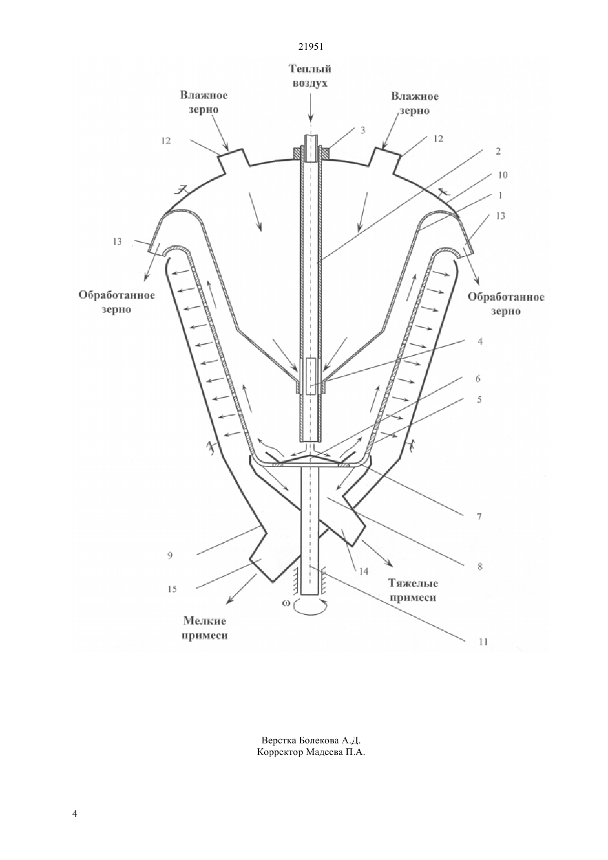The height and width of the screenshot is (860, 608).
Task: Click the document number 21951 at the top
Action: [x=311, y=46]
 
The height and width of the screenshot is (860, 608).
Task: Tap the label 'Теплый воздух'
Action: [x=310, y=76]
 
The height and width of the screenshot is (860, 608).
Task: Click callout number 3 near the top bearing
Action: [x=363, y=130]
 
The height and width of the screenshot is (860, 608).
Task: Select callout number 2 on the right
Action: [x=498, y=151]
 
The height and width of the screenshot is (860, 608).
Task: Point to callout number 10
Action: [x=502, y=175]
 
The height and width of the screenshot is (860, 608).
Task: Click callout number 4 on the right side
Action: [x=480, y=341]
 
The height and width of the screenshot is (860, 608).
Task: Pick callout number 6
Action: [x=478, y=379]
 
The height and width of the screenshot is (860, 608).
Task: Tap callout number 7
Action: [x=479, y=517]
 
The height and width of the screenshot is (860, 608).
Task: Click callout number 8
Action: [x=480, y=567]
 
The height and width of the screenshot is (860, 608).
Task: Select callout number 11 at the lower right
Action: [x=484, y=642]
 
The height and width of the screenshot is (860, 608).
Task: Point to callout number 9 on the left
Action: [x=170, y=555]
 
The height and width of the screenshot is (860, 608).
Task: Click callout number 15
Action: [x=172, y=589]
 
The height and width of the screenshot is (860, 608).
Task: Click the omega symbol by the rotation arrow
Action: [x=286, y=603]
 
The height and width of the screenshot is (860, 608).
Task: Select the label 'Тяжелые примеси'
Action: [x=413, y=590]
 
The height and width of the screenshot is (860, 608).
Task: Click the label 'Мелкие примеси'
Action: [x=205, y=628]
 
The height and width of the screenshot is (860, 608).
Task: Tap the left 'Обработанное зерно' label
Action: [x=117, y=302]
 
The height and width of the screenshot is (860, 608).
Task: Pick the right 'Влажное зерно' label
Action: [x=415, y=103]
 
